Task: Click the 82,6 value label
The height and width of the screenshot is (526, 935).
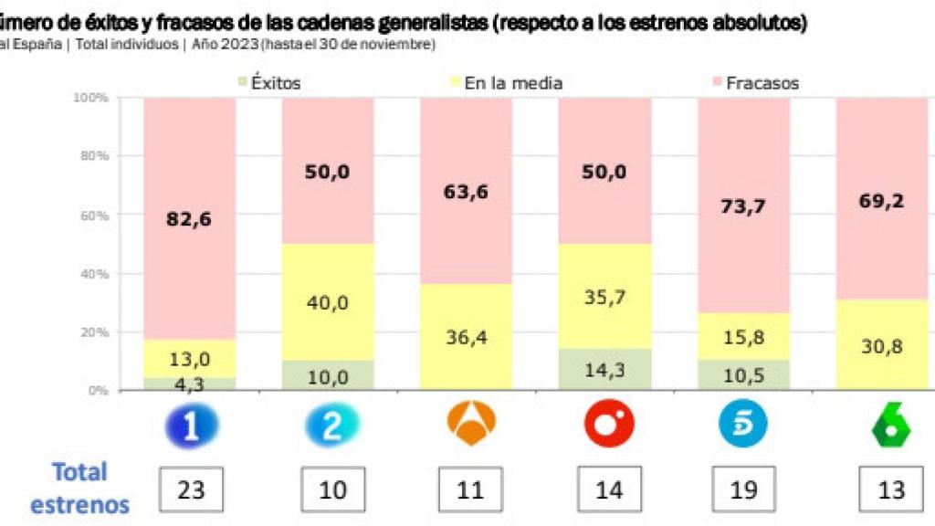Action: [190, 219]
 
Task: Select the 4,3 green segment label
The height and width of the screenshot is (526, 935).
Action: [190, 384]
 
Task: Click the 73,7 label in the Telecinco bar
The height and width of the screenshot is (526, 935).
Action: [743, 206]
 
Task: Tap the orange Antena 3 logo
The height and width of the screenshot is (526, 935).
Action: [470, 423]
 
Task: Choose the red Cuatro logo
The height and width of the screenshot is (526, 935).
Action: [607, 425]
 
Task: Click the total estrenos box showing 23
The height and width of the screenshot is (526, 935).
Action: [191, 489]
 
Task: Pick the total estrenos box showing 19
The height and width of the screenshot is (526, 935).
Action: [744, 489]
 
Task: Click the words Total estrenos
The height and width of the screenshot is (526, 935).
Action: [79, 489]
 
